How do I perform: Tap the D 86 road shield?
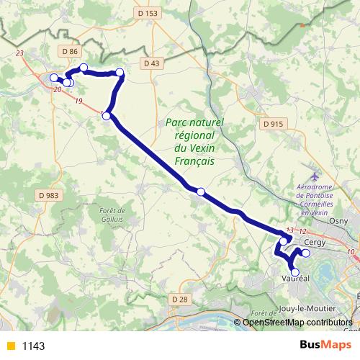pyautogui.click(x=69, y=52)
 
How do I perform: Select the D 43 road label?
pyautogui.click(x=151, y=63)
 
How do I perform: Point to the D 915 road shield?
pyautogui.click(x=274, y=124)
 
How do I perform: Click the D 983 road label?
pyautogui.click(x=48, y=195)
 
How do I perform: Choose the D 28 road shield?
pyautogui.click(x=180, y=299)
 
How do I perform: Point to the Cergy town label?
pyautogui.click(x=315, y=243)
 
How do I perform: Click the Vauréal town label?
pyautogui.click(x=296, y=279)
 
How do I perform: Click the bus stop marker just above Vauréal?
pyautogui.click(x=294, y=271)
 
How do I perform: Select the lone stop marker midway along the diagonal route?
pyautogui.click(x=201, y=192)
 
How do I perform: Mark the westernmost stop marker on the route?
pyautogui.click(x=53, y=78)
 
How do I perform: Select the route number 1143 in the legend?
pyautogui.click(x=33, y=346)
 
